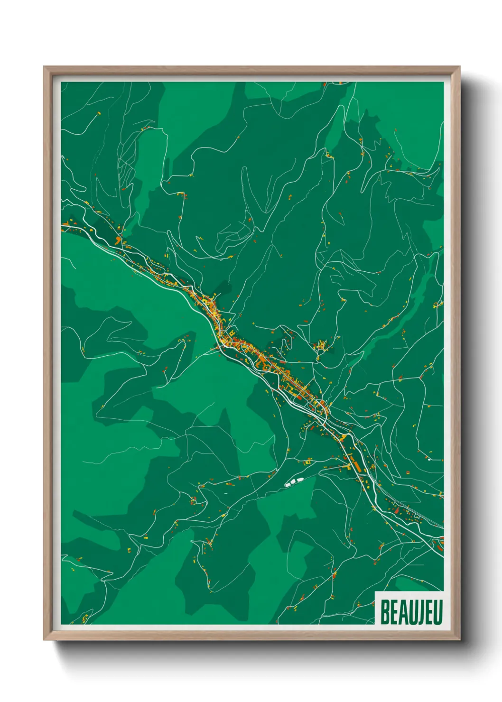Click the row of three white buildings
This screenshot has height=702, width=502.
click(294, 482)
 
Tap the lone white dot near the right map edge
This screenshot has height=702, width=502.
click(429, 459)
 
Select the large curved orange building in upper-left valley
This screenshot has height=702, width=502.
click(118, 240)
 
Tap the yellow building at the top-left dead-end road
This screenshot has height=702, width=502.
click(99, 113)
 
